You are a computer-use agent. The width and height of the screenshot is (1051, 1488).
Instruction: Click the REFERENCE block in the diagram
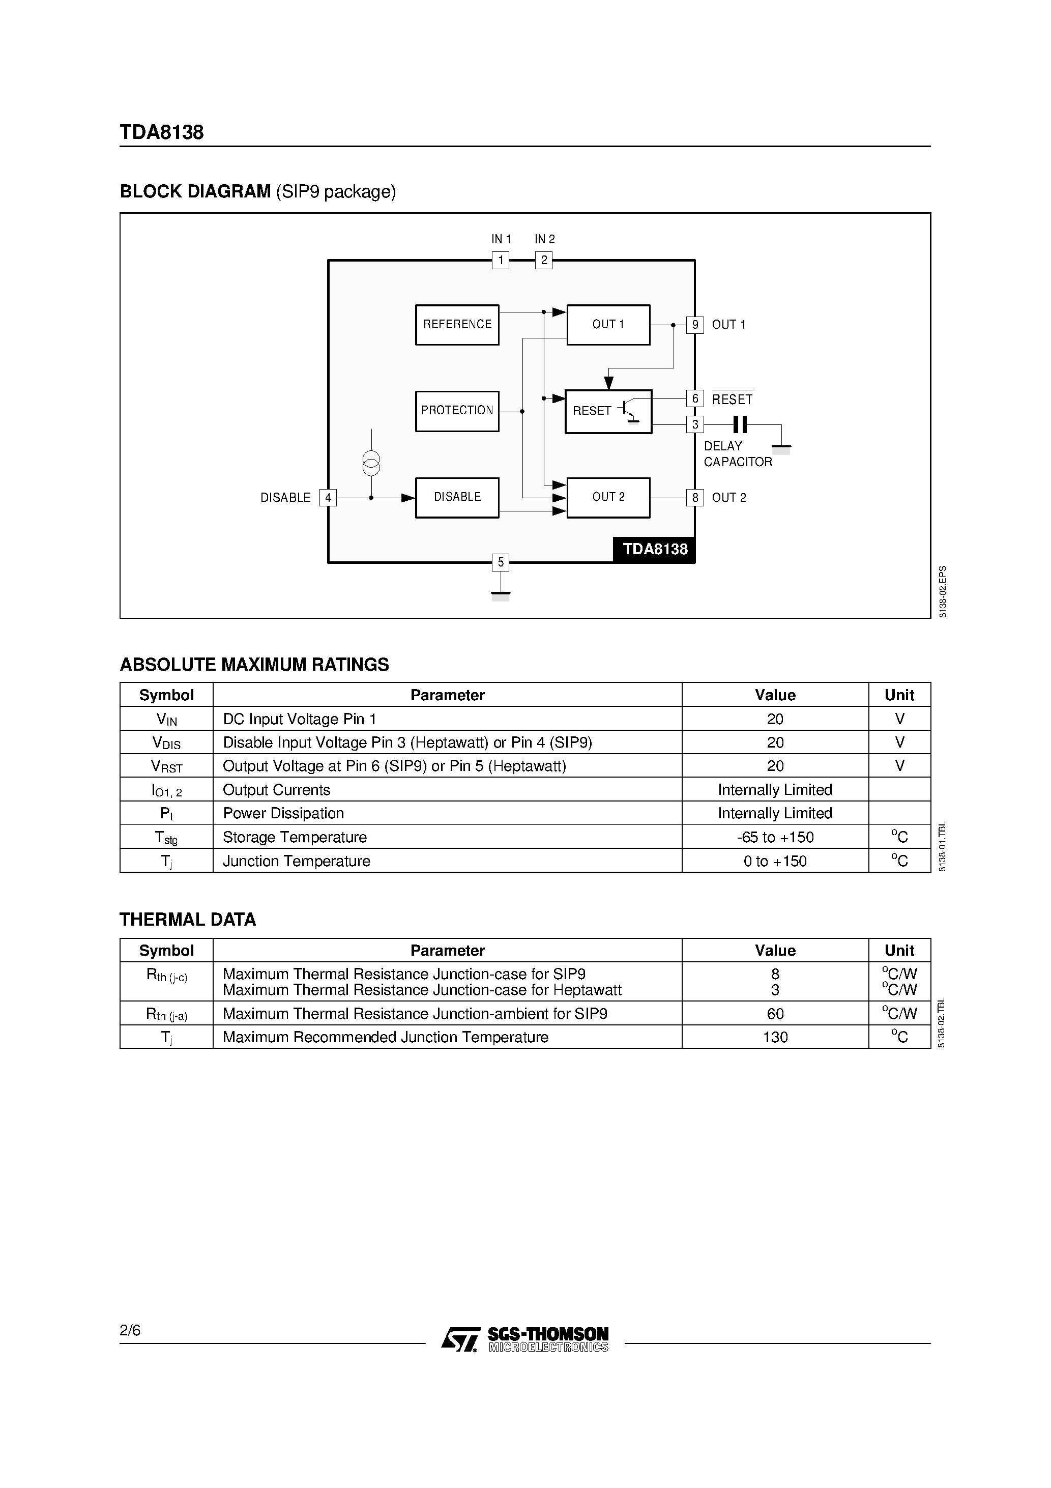[x=457, y=325]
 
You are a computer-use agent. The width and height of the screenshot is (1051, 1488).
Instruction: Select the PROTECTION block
[x=457, y=411]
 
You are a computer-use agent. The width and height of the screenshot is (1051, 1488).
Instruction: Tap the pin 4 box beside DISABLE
[x=328, y=498]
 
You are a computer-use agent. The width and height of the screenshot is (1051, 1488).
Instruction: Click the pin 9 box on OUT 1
[x=694, y=325]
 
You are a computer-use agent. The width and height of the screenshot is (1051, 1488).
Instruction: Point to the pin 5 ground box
[x=500, y=562]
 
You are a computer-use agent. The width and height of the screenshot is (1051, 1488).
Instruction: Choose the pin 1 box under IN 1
[x=500, y=261]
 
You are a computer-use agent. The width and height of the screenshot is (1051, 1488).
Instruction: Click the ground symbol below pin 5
[x=500, y=594]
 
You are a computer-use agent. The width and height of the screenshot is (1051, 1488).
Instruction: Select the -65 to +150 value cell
[x=775, y=837]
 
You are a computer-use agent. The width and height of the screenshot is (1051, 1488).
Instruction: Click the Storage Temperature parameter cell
[x=295, y=837]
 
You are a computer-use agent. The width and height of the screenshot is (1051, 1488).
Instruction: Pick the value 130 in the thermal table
[x=775, y=1037]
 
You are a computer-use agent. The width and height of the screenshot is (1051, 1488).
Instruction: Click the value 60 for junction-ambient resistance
[x=775, y=1014]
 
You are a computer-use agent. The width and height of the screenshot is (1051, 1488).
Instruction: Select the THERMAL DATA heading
[x=188, y=920]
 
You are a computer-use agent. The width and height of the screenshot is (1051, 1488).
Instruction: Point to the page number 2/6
[x=130, y=1331]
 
